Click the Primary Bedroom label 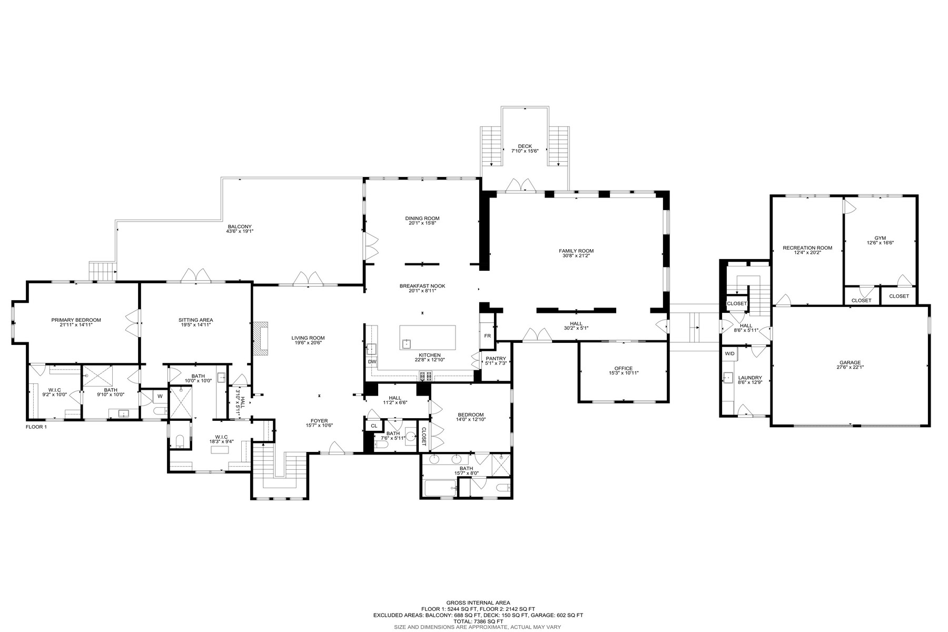click(76, 320)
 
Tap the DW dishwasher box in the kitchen click(372, 362)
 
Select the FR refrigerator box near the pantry click(487, 335)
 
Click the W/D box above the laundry click(729, 353)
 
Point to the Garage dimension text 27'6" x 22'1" click(850, 368)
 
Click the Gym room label click(880, 238)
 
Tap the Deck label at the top click(525, 146)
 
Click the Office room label click(623, 368)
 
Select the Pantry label click(496, 359)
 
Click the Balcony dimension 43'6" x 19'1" click(240, 231)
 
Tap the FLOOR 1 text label click(36, 427)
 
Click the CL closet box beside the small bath click(374, 426)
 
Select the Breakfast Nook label click(422, 286)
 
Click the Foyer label click(319, 421)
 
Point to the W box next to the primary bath click(159, 396)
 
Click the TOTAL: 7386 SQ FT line click(478, 621)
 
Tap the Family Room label click(576, 251)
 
